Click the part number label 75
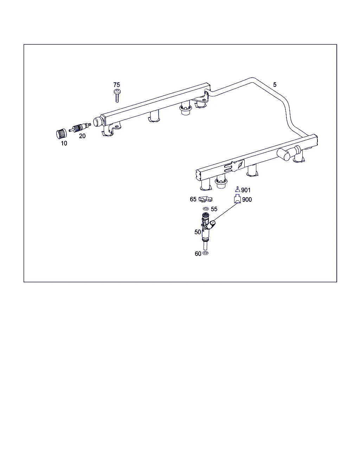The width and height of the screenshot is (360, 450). [x=116, y=85]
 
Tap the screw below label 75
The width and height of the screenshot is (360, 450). [x=117, y=96]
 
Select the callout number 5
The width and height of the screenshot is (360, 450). [x=275, y=84]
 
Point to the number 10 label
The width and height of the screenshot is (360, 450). [x=64, y=143]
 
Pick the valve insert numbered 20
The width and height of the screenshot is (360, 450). [x=80, y=128]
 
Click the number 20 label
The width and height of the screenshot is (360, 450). [x=82, y=136]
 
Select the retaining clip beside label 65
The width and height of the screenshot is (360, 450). [x=205, y=199]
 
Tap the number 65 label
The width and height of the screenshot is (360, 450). [x=193, y=199]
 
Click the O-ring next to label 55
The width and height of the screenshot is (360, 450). [x=206, y=209]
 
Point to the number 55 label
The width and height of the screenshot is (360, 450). [x=214, y=209]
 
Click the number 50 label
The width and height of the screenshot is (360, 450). [x=198, y=232]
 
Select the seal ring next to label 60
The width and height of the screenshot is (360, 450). [x=206, y=253]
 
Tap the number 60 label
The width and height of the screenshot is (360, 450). [x=198, y=253]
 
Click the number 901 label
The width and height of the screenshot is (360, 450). [x=246, y=190]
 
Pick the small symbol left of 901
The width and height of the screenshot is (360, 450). [x=237, y=189]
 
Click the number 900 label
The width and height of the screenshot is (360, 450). [x=247, y=199]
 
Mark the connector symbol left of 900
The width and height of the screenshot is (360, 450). [x=237, y=199]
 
